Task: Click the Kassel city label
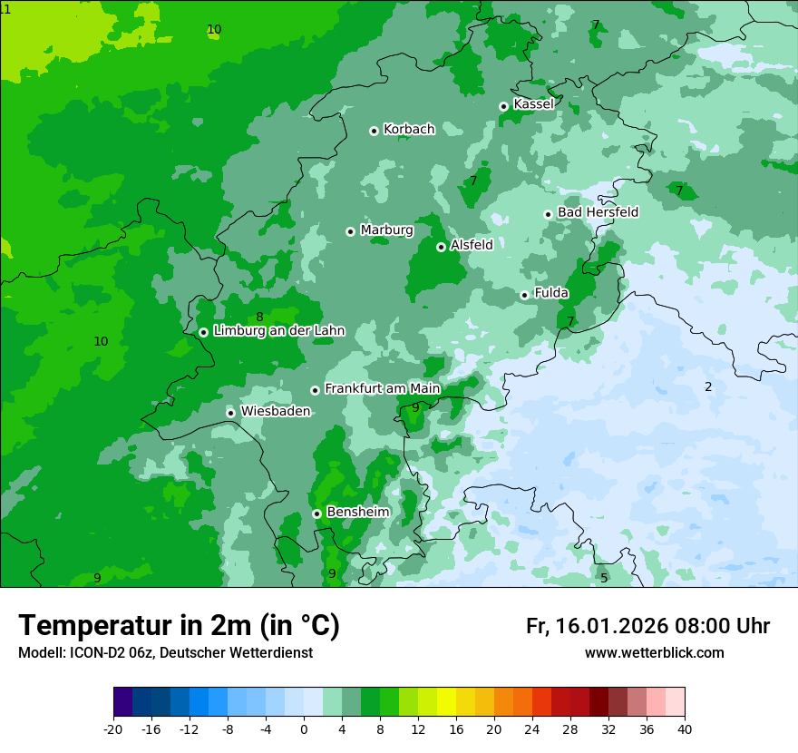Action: click(533, 104)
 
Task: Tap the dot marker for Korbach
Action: click(374, 131)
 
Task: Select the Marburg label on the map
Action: click(386, 230)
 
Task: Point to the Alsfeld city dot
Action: click(441, 247)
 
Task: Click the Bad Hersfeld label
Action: click(598, 212)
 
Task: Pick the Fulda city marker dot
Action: click(524, 295)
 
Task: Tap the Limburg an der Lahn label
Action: click(278, 331)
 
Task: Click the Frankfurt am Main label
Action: click(382, 389)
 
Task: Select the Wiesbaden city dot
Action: click(231, 413)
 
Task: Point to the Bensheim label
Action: click(357, 513)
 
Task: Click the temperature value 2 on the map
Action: click(708, 387)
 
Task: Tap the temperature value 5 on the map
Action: click(604, 578)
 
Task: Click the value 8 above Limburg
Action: click(259, 318)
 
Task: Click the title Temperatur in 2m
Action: click(179, 626)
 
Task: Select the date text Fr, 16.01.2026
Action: click(597, 626)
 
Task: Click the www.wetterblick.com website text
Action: click(654, 653)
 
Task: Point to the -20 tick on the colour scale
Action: click(113, 729)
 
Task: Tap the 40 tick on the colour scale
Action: click(684, 729)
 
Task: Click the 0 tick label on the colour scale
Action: click(304, 729)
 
